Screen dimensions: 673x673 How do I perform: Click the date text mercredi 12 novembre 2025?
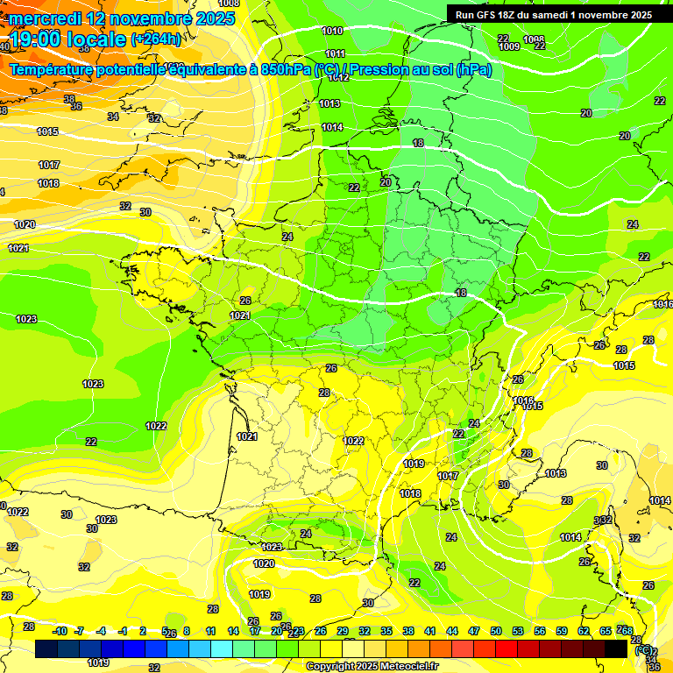(122, 18)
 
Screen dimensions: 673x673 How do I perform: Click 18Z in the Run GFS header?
(513, 15)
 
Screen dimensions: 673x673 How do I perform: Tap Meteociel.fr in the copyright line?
(402, 667)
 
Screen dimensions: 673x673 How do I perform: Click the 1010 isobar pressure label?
(332, 31)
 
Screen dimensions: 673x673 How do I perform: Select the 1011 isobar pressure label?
(335, 53)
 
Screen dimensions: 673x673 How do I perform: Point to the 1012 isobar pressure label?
(338, 77)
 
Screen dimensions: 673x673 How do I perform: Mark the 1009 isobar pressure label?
(509, 46)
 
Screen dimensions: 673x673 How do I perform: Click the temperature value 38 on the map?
(69, 98)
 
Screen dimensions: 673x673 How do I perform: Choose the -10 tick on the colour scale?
(60, 631)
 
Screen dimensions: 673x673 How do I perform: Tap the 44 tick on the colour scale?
(452, 631)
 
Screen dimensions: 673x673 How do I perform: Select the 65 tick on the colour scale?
(605, 631)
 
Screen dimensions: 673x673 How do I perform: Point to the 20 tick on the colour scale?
(277, 631)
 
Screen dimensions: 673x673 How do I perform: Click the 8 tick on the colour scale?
(188, 631)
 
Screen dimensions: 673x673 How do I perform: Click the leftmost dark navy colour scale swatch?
(47, 648)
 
